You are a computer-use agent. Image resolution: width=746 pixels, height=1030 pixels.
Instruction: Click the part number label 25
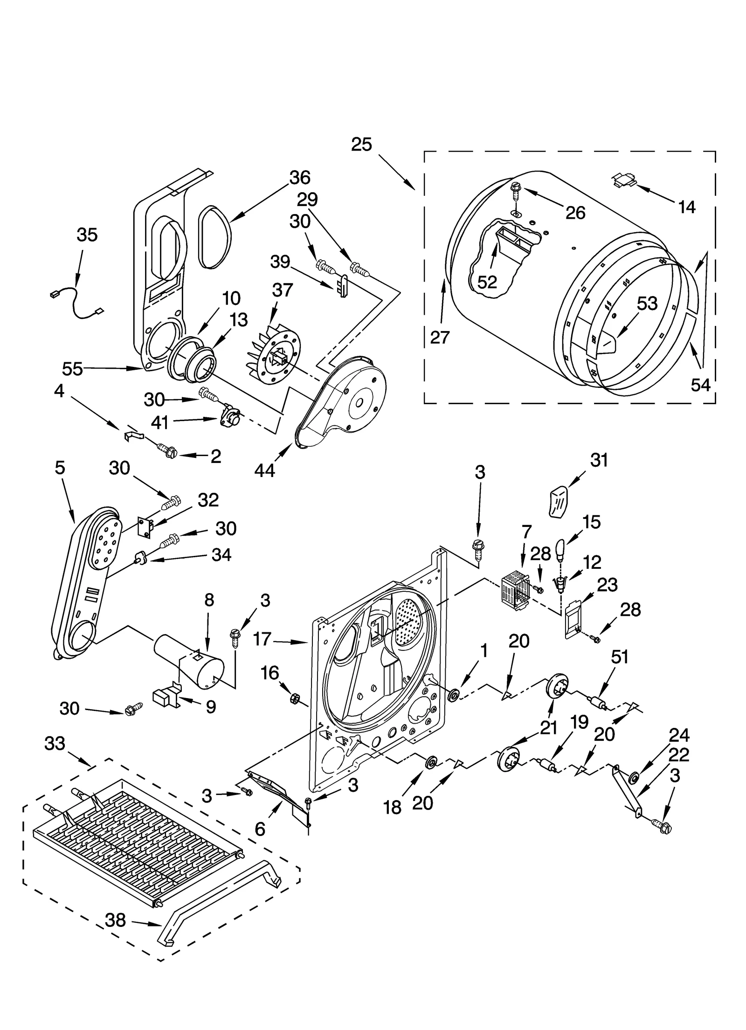click(x=361, y=144)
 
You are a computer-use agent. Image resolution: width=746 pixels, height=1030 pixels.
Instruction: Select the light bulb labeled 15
click(x=561, y=551)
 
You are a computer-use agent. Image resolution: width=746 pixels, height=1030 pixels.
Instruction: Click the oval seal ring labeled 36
click(x=215, y=238)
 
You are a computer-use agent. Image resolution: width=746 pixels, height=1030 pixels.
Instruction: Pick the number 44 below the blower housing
click(x=265, y=470)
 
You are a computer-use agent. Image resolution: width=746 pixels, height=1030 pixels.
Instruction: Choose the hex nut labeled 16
click(x=295, y=698)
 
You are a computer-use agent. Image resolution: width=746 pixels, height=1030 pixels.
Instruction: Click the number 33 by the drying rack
click(x=55, y=743)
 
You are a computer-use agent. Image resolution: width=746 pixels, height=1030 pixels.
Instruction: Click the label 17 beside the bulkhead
click(x=262, y=638)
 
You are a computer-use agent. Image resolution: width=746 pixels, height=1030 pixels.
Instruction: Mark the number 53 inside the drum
click(x=647, y=304)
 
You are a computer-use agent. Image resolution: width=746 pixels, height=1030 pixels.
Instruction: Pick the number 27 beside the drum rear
click(x=439, y=337)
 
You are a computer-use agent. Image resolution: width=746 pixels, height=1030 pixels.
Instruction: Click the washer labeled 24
click(x=634, y=777)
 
